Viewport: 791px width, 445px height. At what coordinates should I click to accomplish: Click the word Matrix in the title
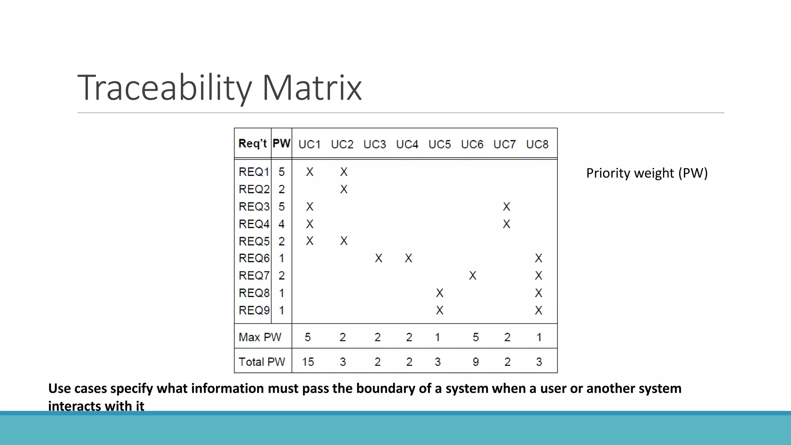tap(312, 88)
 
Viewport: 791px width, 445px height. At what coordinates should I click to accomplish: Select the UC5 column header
tap(440, 144)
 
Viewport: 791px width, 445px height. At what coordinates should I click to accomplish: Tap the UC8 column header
tap(537, 144)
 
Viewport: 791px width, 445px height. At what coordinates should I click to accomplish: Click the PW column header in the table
tap(281, 144)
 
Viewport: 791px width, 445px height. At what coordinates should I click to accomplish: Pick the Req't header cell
tap(253, 144)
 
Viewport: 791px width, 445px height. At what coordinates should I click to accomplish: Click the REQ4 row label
tap(254, 224)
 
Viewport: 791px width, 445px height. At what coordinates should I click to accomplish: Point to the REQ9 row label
tap(254, 310)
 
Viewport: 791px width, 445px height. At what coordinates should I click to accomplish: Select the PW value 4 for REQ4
tap(282, 224)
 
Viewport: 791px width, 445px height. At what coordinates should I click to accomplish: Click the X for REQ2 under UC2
tap(344, 189)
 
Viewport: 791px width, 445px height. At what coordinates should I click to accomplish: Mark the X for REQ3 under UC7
tap(506, 207)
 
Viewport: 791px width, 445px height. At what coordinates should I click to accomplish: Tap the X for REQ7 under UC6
tap(473, 275)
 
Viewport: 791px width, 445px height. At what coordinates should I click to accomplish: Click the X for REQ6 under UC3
tap(379, 258)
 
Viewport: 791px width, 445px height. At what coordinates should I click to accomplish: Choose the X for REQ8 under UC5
tap(440, 293)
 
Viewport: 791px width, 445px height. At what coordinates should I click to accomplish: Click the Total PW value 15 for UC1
tap(308, 362)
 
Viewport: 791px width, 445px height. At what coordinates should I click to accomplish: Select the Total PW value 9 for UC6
tap(475, 362)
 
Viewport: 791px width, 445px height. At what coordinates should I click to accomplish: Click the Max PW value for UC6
tap(475, 337)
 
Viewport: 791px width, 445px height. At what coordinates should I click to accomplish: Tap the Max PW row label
tap(260, 337)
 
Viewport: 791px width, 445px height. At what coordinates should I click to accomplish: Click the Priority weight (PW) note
tap(647, 173)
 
